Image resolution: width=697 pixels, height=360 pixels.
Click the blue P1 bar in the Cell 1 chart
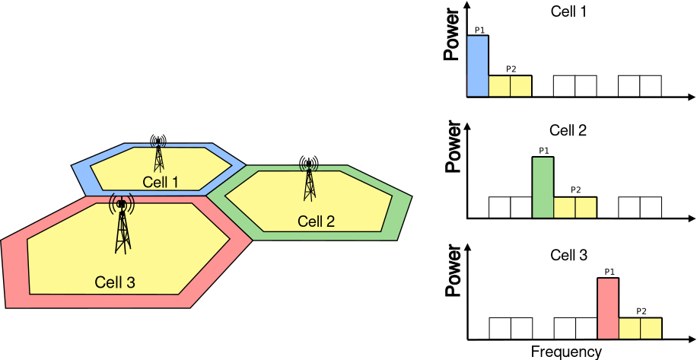click(477, 66)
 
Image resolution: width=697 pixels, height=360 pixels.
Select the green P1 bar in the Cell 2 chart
click(543, 187)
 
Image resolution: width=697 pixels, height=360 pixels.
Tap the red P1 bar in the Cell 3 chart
click(608, 308)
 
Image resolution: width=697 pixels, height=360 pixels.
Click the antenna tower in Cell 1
click(158, 154)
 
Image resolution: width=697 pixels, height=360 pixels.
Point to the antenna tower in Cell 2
click(309, 179)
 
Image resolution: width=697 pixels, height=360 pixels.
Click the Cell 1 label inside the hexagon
click(160, 183)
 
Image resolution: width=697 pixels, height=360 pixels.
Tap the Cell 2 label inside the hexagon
click(316, 221)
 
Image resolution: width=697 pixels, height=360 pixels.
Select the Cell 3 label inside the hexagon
click(115, 282)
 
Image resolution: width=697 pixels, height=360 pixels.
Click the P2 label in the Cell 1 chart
click(511, 69)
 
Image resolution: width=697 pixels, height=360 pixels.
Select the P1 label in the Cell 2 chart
click(543, 151)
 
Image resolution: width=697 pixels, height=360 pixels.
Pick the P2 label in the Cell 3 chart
click(641, 311)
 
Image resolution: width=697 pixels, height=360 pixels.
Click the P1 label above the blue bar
click(479, 30)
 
